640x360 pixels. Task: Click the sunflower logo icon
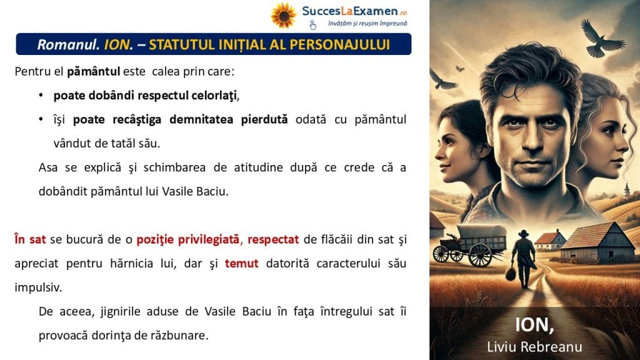pos(284,16)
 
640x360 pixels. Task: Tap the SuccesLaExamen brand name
pos(349,11)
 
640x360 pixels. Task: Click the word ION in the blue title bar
pos(117,44)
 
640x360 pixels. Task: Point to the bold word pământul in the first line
pos(94,72)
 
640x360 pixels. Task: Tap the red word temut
pos(242,264)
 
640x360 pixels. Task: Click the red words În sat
pos(30,239)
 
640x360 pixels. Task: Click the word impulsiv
pos(37,287)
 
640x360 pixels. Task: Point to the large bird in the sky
pos(601,39)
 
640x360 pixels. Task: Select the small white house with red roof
pos(549,240)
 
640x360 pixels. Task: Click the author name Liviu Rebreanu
pos(534,347)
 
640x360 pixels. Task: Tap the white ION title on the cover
pos(534,325)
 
